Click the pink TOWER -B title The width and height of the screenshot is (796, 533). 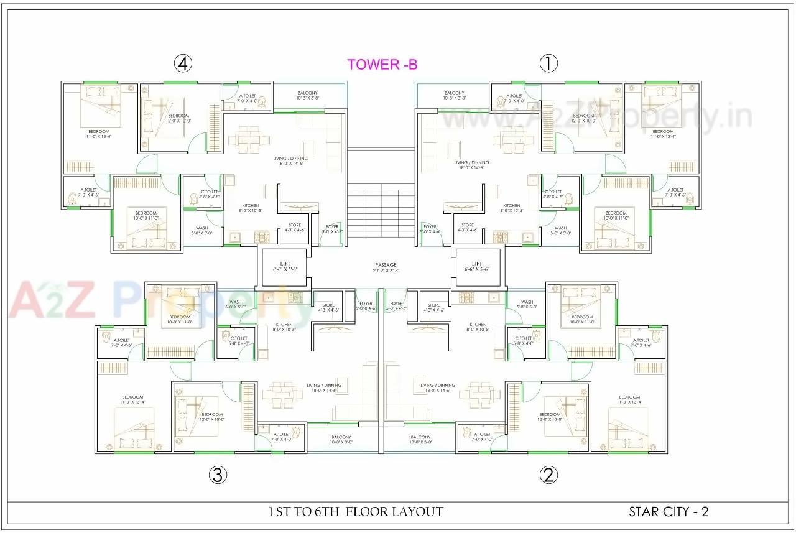point(382,64)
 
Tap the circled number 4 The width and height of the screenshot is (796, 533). point(182,63)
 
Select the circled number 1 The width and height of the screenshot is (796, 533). point(548,63)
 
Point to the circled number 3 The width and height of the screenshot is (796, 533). point(216,475)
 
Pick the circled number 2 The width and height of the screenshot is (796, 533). point(548,475)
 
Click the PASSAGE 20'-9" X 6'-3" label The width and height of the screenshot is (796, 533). point(386,267)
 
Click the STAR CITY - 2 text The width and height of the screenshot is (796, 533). point(669,512)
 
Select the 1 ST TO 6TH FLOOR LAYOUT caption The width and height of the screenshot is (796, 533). point(356,512)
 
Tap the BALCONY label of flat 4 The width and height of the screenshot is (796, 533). point(307,95)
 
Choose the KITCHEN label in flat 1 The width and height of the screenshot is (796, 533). point(512,208)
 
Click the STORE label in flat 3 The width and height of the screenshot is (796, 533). point(328,307)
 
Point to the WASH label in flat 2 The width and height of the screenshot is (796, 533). point(527,304)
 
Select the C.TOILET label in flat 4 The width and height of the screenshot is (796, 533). point(210,194)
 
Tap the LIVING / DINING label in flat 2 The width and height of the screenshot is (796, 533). point(438,387)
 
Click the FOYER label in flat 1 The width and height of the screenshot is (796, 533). point(430,229)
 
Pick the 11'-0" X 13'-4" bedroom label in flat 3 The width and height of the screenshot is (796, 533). point(132,399)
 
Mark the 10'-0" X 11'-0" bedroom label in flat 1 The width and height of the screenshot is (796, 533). point(616,216)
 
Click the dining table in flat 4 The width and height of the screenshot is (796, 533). point(249,139)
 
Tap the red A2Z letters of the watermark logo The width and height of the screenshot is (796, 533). point(53,299)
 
